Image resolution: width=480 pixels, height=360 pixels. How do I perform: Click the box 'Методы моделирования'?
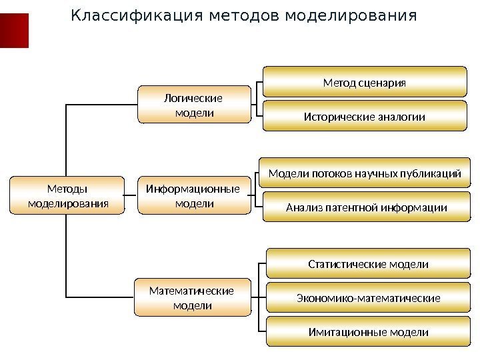click(x=67, y=195)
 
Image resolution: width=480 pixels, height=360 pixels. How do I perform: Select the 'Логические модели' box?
click(x=194, y=105)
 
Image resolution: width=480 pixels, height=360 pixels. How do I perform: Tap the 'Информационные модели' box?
click(x=193, y=195)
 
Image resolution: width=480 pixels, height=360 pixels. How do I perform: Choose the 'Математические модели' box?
click(x=192, y=298)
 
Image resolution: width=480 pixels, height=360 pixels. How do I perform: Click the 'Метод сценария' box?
click(x=364, y=83)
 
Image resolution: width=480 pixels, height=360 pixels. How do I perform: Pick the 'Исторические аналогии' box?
click(x=364, y=117)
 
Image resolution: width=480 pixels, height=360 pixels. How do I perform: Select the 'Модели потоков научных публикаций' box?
click(x=364, y=174)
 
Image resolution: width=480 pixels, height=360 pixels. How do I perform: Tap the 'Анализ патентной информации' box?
click(x=365, y=207)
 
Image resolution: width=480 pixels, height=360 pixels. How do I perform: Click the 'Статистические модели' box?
click(x=368, y=264)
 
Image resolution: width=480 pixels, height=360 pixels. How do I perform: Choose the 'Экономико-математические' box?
click(x=368, y=297)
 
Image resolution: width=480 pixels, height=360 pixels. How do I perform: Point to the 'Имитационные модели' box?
click(x=368, y=331)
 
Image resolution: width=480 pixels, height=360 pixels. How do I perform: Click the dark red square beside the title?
click(x=14, y=31)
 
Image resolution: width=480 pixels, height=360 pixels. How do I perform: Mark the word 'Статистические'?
click(x=346, y=264)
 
